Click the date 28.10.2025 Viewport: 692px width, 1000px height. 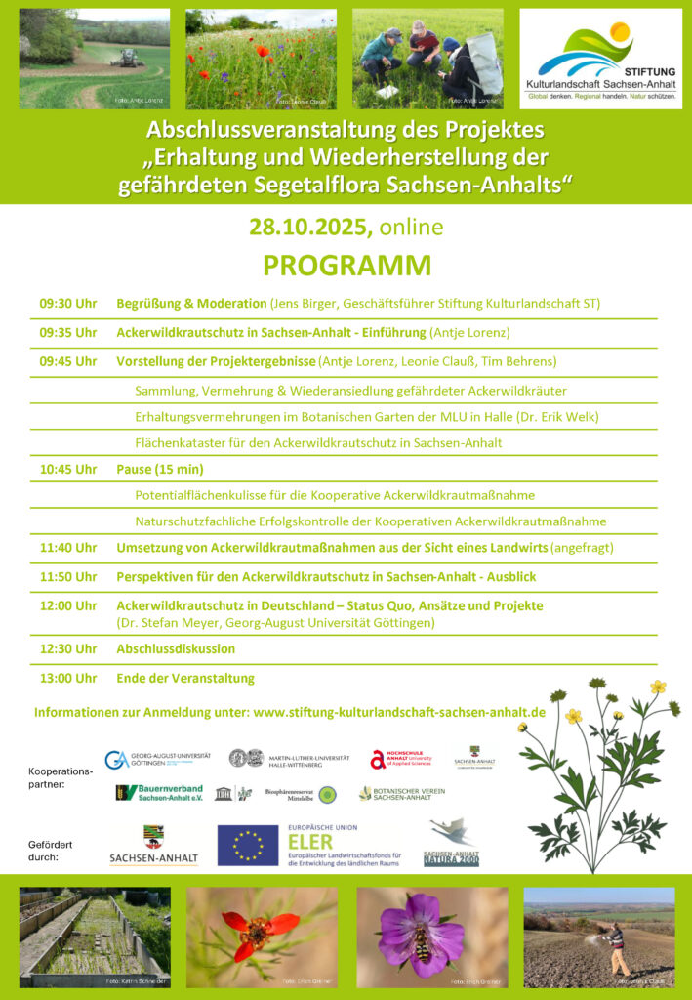coord(310,228)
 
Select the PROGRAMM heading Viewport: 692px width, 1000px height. coord(346,266)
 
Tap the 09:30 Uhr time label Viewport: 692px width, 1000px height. coord(68,304)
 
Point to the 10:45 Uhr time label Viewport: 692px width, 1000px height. coord(68,469)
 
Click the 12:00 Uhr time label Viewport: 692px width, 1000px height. coord(68,605)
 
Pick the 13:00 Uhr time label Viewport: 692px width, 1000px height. coord(68,678)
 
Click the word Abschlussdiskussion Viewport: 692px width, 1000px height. coord(176,648)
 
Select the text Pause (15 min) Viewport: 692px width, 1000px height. coord(160,469)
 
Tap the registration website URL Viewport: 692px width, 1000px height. coord(398,712)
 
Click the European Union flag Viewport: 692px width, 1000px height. coord(248,846)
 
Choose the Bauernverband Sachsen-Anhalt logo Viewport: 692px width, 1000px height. coord(159,792)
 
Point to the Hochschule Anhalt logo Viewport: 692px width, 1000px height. coord(403,759)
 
